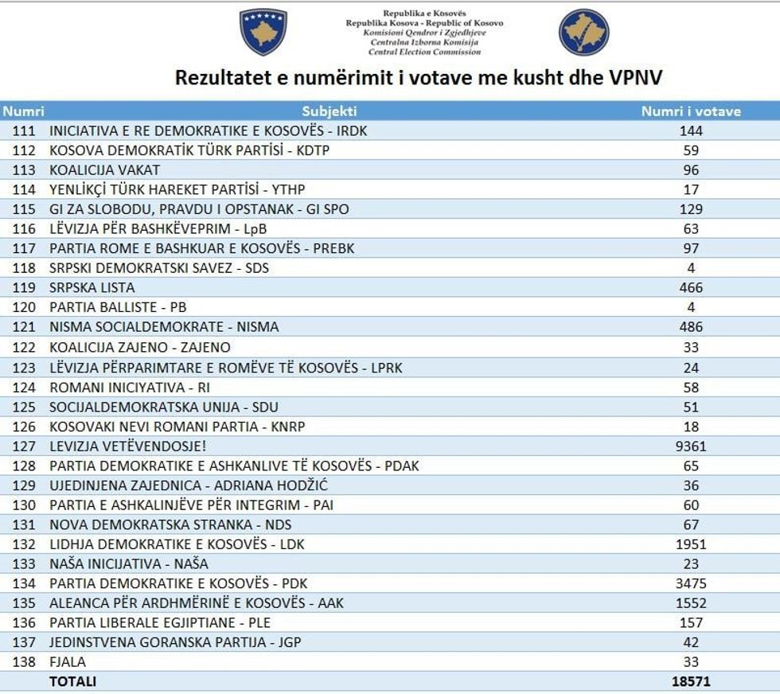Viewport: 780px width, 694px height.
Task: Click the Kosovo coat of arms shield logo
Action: coord(263,32)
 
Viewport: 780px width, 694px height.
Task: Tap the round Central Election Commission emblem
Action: coord(583,33)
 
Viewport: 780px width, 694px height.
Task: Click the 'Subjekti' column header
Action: coord(330,111)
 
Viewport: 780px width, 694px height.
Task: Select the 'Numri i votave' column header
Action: coord(691,111)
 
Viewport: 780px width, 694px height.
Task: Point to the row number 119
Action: coord(24,287)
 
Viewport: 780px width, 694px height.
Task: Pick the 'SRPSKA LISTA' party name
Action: coord(92,287)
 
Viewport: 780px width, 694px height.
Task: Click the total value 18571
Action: coord(691,681)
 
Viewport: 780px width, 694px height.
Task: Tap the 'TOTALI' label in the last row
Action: coord(72,681)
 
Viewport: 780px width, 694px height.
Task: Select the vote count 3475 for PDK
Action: coord(691,583)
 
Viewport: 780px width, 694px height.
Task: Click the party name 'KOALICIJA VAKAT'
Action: coord(104,170)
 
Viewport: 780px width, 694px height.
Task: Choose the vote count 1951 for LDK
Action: coord(691,544)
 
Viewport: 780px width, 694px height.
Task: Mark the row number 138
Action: coord(24,661)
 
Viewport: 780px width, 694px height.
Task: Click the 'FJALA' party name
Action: coord(68,661)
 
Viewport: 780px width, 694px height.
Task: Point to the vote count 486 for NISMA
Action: coord(691,326)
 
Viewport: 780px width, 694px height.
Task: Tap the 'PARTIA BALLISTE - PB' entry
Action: coord(118,307)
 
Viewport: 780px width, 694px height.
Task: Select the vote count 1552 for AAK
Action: coord(691,603)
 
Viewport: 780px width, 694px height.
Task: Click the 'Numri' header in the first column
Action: coord(23,111)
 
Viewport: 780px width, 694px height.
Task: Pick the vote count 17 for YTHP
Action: coord(691,189)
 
